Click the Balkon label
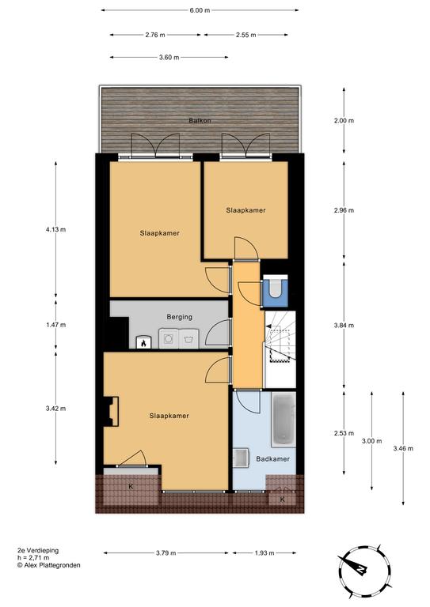tap(200, 120)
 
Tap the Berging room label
tap(180, 317)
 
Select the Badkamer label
tap(273, 458)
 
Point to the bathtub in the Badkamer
tap(283, 418)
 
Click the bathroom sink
tap(241, 458)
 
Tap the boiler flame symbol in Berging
tap(143, 342)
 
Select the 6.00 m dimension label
tap(200, 10)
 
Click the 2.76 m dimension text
tap(155, 35)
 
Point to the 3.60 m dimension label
tap(169, 57)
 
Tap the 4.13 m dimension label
tap(55, 229)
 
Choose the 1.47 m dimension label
tap(55, 325)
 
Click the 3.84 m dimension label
tap(344, 325)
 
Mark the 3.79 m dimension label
tap(166, 552)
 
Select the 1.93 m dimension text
tap(264, 552)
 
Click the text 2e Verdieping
tap(38, 550)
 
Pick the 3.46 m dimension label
tap(403, 448)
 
